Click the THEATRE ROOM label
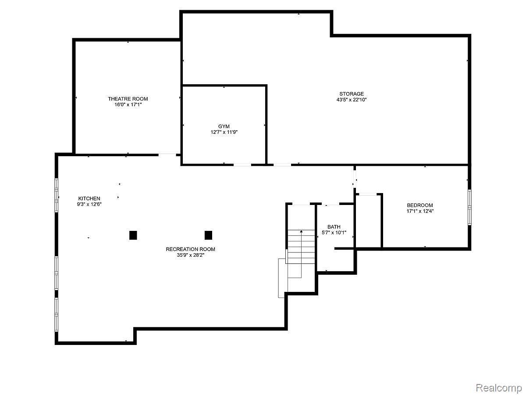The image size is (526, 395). point(128,99)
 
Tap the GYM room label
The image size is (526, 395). point(224,126)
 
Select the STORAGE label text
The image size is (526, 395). point(351,93)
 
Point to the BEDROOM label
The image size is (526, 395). point(419,205)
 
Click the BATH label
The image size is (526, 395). point(334,226)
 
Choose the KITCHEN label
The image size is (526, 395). point(89,198)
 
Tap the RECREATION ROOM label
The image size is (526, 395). point(190,249)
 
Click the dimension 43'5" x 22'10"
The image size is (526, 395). point(351,100)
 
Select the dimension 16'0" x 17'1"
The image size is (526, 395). point(128,104)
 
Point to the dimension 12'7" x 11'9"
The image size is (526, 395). point(224,132)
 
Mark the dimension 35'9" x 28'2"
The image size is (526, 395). point(190,255)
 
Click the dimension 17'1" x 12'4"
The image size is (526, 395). point(419,211)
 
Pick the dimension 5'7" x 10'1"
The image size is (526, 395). point(334,233)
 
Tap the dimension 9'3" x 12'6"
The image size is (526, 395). point(89,204)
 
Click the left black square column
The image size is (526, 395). point(133,235)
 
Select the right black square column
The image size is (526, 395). point(208,235)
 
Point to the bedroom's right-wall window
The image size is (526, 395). point(469,207)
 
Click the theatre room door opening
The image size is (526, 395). point(167,154)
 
